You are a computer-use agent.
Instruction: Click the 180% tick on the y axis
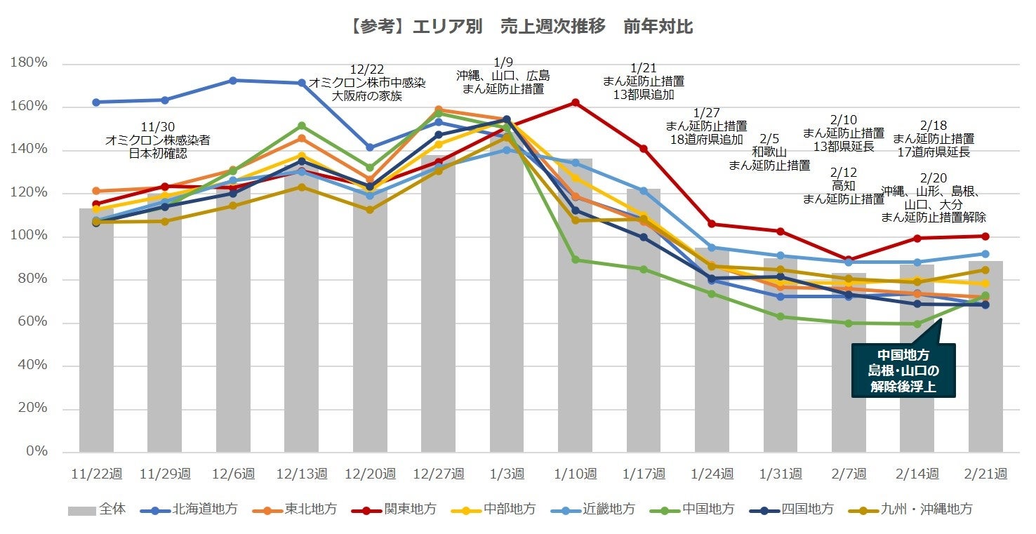29,63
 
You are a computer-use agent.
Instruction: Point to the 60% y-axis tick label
32,322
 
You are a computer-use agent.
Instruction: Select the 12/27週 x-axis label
438,474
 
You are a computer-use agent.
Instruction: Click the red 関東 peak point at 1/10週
576,102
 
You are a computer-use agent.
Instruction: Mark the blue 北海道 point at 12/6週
233,80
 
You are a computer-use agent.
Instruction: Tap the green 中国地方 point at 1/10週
576,260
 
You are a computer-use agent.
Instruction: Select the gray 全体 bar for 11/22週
96,330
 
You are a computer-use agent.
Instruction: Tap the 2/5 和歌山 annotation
769,152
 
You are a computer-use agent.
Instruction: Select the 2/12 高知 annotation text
843,186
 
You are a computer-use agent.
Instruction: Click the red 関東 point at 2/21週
985,236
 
